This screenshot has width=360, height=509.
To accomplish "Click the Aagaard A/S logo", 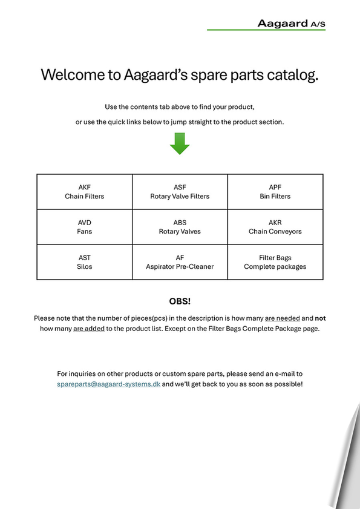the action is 291,24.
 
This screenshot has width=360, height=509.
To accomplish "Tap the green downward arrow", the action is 180,143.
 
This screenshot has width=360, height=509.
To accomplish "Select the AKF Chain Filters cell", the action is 84,191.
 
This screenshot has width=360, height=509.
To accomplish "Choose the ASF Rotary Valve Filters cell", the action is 180,191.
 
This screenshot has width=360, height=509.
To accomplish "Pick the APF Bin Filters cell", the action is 275,191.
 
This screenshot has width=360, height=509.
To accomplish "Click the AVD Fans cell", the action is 84,227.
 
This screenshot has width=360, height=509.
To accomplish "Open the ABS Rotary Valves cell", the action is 180,227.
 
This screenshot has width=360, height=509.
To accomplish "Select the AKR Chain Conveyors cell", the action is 275,227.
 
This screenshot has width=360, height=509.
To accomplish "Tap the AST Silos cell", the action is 84,262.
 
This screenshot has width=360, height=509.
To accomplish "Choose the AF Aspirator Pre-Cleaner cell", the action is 180,262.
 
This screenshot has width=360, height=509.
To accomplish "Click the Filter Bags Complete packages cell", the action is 275,262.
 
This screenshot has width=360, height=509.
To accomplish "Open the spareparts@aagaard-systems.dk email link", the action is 108,384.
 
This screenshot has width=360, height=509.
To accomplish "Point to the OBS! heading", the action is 180,301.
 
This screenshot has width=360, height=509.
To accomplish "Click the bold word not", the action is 320,318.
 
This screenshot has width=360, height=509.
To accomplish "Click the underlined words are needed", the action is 283,318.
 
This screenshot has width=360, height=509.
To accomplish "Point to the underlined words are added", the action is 89,329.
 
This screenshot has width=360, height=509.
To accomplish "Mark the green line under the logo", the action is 266,30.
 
